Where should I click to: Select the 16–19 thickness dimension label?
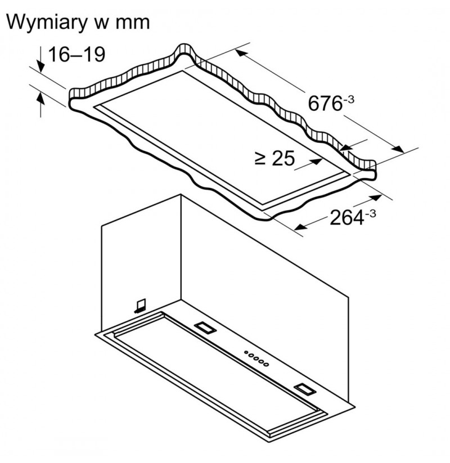[76, 55]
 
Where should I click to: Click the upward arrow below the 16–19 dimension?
[40, 105]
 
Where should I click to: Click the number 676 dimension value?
[325, 104]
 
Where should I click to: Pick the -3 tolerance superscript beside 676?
[348, 99]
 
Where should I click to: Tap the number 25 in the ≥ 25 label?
[283, 158]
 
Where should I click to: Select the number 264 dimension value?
[346, 218]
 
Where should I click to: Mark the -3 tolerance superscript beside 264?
[371, 213]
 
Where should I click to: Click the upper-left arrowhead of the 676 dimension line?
[241, 53]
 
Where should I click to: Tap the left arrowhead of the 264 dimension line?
[300, 227]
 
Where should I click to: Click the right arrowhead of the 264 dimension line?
[375, 198]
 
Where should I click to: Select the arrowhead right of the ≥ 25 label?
[316, 162]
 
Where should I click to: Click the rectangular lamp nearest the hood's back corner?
[205, 327]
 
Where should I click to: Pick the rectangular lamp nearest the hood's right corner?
[305, 389]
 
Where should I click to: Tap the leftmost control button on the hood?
[246, 352]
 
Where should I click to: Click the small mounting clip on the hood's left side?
[140, 305]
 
